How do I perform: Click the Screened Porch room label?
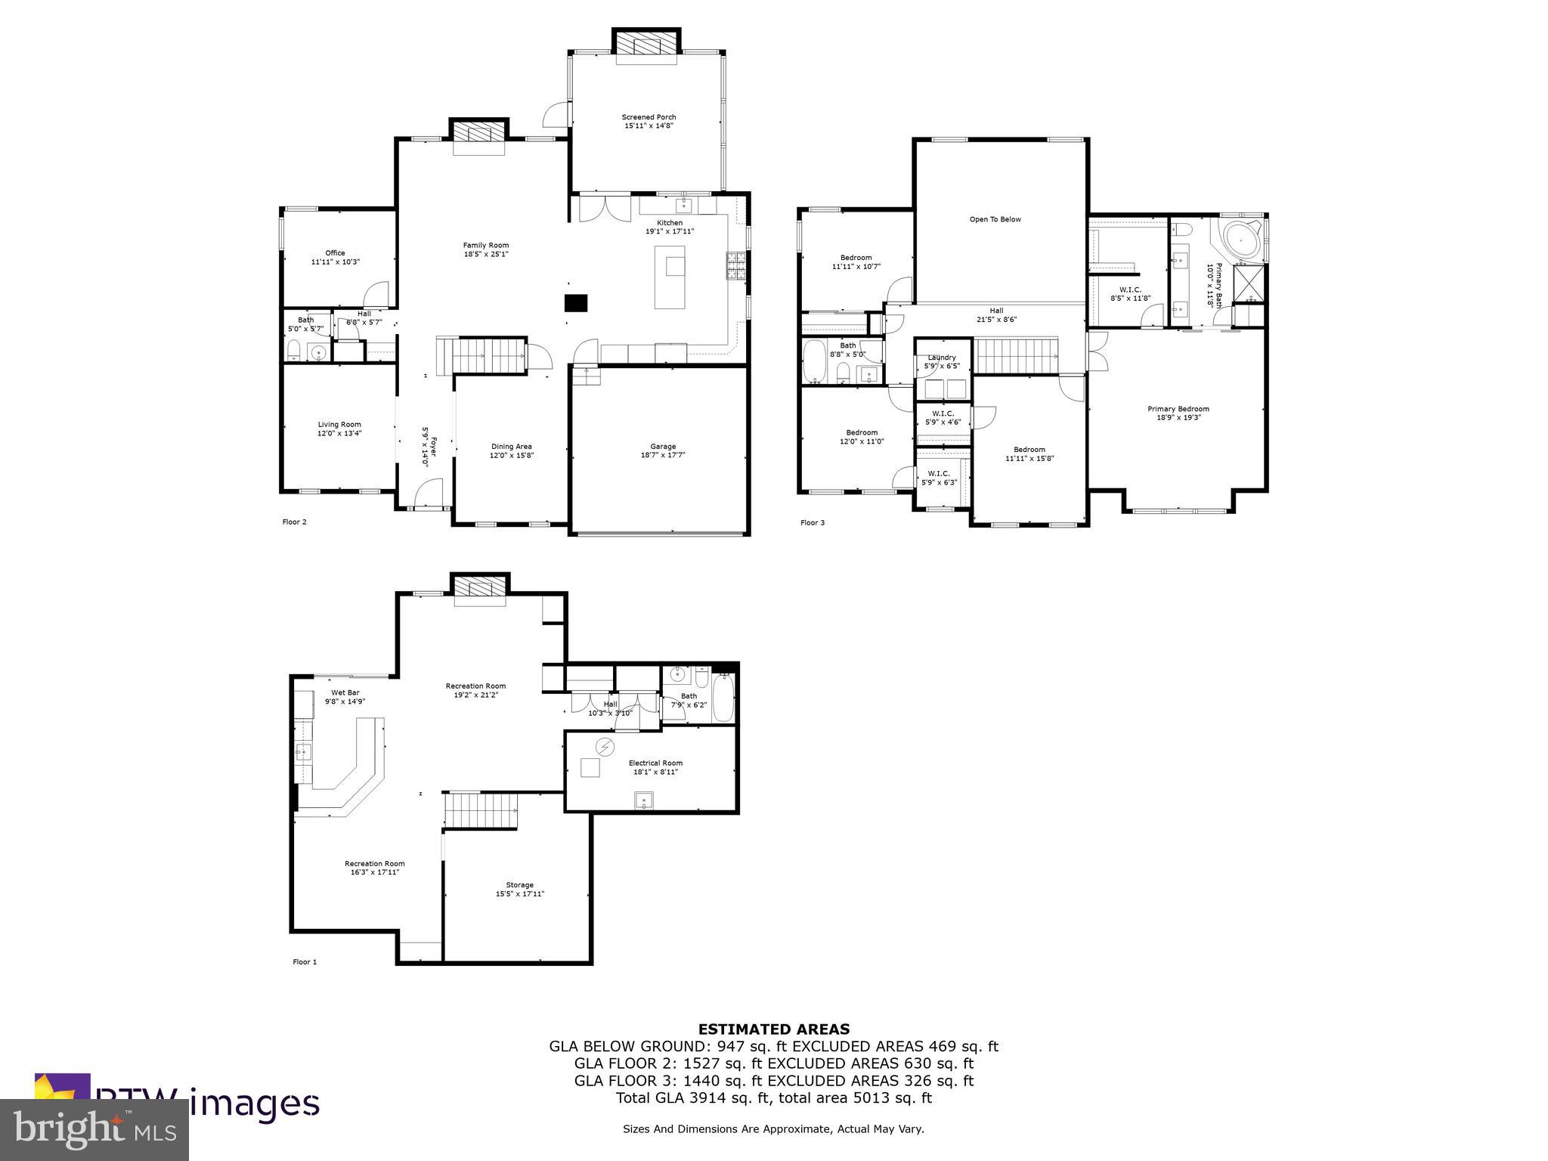tap(649, 117)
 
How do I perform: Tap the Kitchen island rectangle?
tap(670, 277)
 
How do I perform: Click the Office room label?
tap(335, 253)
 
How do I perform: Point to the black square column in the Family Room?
tap(576, 302)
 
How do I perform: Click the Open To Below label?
tap(995, 219)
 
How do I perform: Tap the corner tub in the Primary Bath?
tap(1240, 241)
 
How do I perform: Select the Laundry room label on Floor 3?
tap(942, 358)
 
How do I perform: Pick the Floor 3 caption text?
tap(813, 522)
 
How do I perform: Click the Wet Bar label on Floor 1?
tap(345, 692)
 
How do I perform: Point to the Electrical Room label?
tap(655, 763)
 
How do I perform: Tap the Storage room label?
tap(519, 884)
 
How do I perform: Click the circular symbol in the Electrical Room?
tap(605, 748)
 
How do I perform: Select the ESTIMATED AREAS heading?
tap(773, 1029)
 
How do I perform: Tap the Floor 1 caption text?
tap(305, 962)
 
